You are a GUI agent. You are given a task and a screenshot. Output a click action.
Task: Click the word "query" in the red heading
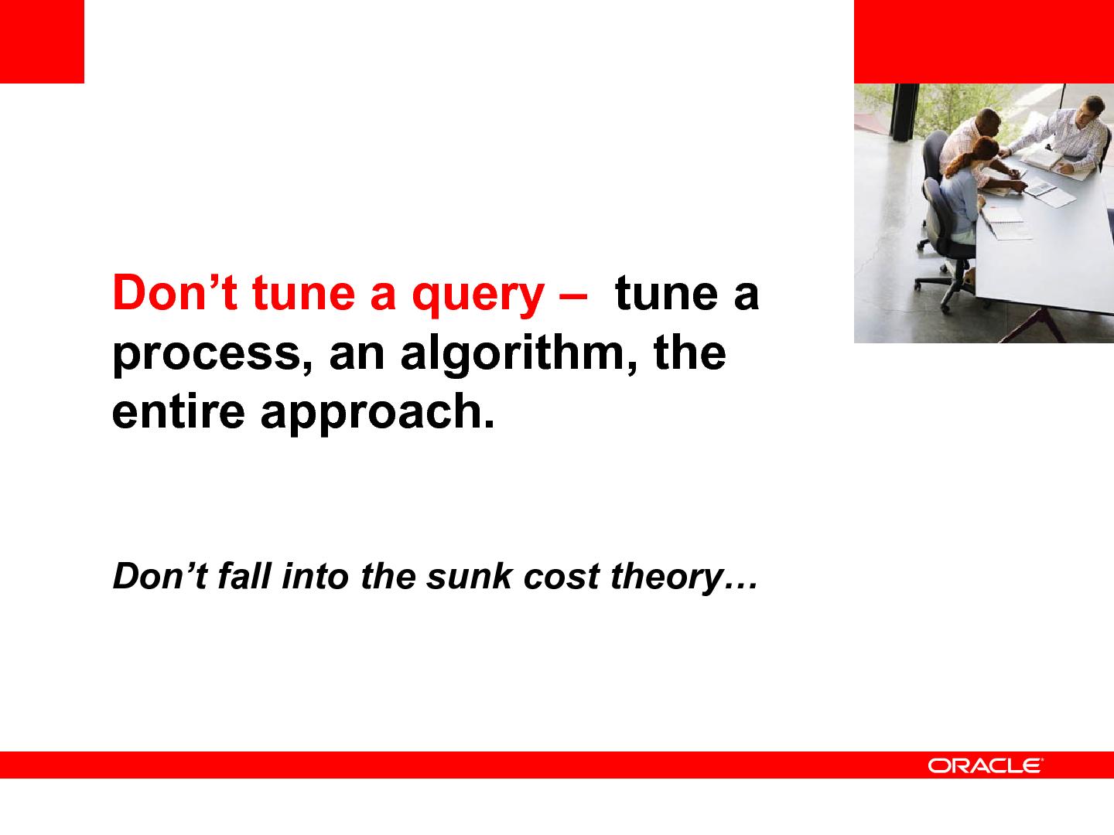point(478,296)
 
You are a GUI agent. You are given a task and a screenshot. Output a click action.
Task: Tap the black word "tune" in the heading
point(666,293)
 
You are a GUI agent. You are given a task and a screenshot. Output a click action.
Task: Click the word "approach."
point(377,413)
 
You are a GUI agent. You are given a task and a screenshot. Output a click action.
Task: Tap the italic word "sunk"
point(469,577)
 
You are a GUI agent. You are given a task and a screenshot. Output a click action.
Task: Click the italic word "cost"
point(562,578)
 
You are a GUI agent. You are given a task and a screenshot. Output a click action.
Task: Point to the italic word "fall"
point(244,577)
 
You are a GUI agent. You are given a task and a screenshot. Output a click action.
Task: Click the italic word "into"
point(315,577)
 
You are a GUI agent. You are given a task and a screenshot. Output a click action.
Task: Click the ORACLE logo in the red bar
point(985,765)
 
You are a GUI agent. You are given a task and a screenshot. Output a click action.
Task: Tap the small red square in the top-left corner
point(42,42)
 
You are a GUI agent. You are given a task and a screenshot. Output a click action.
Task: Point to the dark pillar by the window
point(905,112)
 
